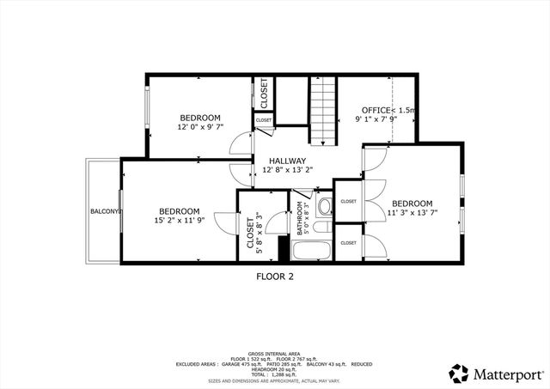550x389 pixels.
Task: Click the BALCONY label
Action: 104,211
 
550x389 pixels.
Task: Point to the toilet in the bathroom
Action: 325,205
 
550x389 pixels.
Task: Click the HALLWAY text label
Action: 287,161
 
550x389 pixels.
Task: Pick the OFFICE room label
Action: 375,111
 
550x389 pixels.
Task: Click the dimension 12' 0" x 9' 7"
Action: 200,127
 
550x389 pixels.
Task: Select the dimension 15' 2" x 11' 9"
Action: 179,221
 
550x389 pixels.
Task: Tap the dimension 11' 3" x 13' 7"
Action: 411,213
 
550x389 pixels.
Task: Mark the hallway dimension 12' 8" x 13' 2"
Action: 287,170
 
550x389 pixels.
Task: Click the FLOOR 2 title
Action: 275,277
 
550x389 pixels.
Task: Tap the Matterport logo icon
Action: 459,373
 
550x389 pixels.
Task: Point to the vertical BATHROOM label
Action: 301,218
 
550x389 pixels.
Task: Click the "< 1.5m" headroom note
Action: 403,111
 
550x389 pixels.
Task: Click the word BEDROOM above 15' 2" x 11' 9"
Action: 179,211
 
